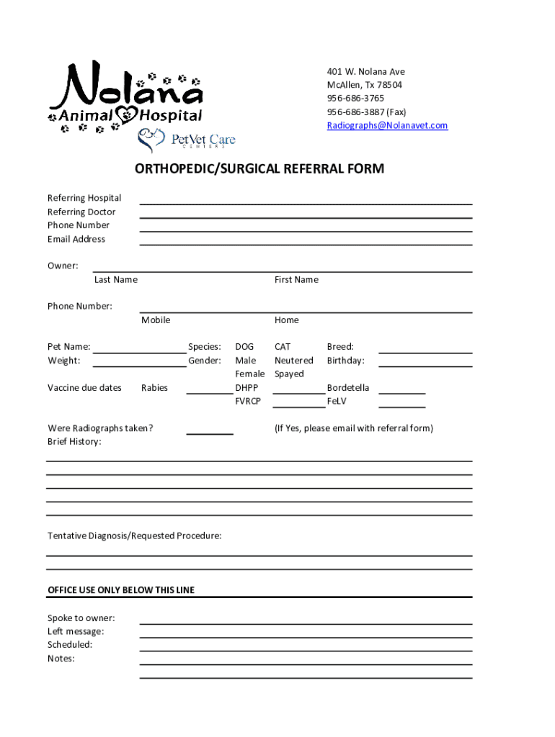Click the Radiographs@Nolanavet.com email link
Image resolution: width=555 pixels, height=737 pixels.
click(x=387, y=125)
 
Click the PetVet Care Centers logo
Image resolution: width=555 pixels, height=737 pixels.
click(x=187, y=139)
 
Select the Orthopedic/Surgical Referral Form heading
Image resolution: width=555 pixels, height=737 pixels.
click(x=259, y=169)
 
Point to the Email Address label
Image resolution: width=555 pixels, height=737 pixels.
click(x=76, y=239)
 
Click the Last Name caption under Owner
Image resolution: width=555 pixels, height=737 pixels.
click(x=115, y=279)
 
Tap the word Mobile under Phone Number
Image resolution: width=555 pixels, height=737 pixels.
click(x=156, y=320)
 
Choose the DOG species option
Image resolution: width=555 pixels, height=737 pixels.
click(x=244, y=347)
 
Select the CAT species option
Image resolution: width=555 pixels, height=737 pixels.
click(x=283, y=347)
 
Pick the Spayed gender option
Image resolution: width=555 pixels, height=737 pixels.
click(x=289, y=374)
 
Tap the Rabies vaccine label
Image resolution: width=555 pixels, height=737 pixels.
click(x=154, y=388)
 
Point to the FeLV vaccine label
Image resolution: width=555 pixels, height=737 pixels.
click(x=337, y=401)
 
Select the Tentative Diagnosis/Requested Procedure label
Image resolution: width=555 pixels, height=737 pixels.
click(x=135, y=536)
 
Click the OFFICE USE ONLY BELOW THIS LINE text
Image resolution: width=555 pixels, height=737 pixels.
click(x=121, y=590)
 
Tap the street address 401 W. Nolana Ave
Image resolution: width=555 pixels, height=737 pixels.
click(x=365, y=71)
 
